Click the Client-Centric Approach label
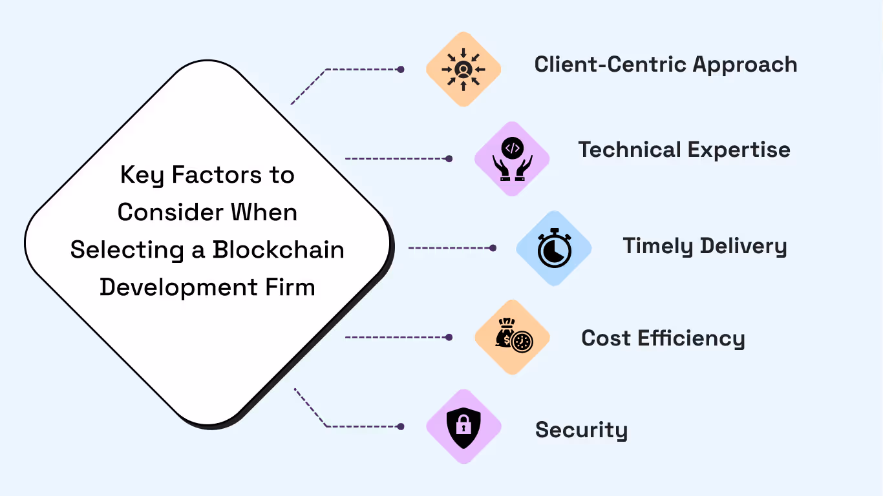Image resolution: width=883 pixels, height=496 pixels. (665, 65)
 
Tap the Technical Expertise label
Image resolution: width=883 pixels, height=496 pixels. (684, 150)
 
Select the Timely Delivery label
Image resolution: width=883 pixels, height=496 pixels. (705, 246)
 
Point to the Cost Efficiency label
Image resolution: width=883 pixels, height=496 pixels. (663, 338)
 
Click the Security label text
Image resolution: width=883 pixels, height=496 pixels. (581, 430)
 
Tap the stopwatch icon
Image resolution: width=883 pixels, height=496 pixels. (554, 249)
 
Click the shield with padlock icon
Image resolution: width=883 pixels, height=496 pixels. (463, 427)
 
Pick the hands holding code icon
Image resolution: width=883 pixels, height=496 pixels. (512, 159)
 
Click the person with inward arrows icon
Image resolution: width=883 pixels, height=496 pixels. (463, 69)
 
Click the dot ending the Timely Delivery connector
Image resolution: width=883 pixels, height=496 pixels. (493, 248)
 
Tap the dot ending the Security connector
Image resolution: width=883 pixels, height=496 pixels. (401, 426)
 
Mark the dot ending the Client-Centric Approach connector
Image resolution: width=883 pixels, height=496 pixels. (401, 69)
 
